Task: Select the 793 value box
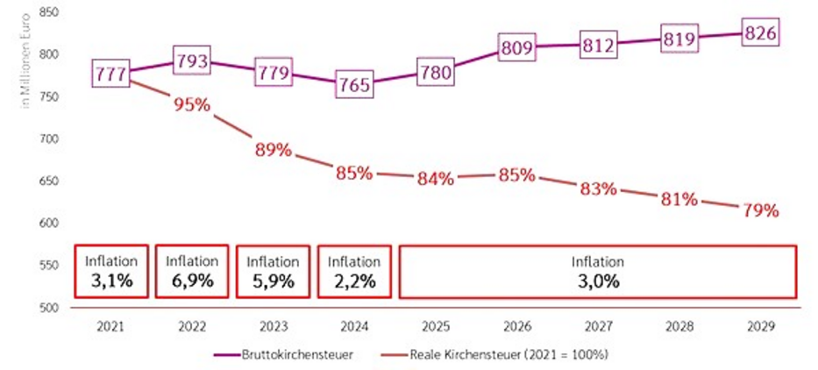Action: coord(191,62)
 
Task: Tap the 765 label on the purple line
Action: coord(354,86)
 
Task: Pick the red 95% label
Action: coord(191,105)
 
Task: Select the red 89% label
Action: coord(273,150)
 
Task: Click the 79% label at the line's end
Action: coord(761,211)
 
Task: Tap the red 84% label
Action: coord(436,179)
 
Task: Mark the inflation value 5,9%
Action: coord(273,281)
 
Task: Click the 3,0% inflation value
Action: coord(597,282)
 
